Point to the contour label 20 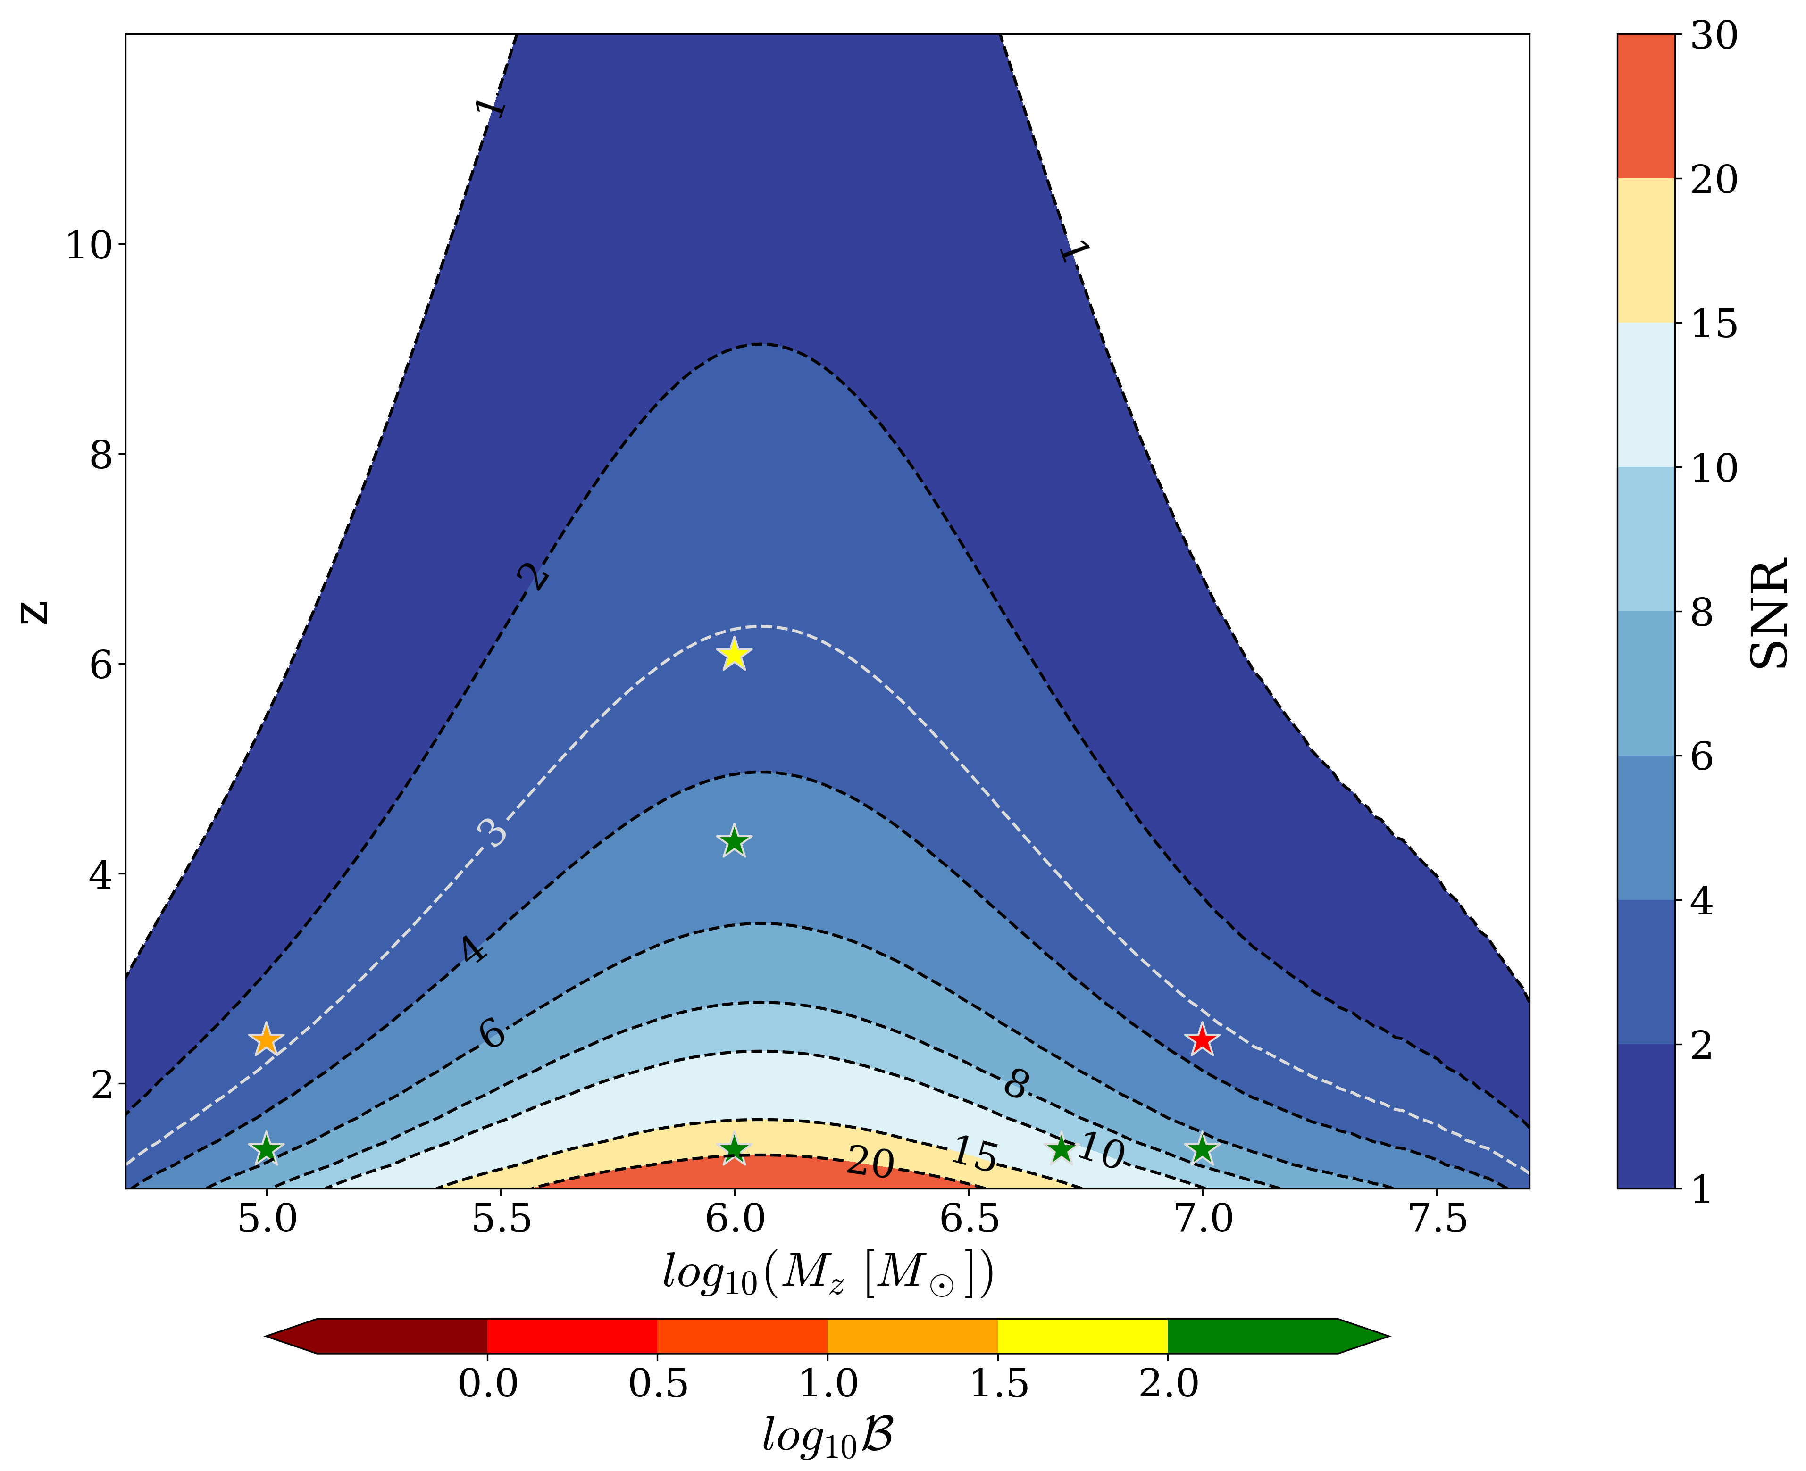click(x=870, y=1163)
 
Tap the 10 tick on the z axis click(x=89, y=246)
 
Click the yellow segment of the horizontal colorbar click(x=1082, y=1336)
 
